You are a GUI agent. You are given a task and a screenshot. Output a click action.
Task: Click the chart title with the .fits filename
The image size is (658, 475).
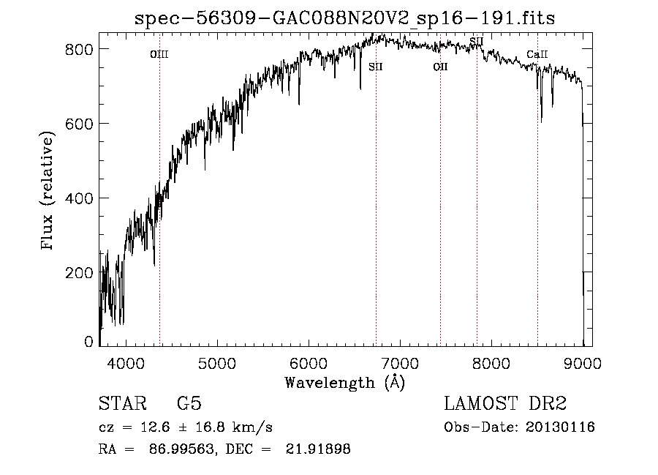(x=345, y=18)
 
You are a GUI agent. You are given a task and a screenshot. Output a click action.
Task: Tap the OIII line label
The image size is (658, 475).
(x=159, y=54)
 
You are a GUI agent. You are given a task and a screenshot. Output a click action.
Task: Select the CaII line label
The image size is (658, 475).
(x=537, y=54)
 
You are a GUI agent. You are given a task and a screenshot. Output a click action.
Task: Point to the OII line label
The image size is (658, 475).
(x=440, y=67)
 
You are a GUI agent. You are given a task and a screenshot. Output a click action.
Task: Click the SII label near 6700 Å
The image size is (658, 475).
(x=376, y=67)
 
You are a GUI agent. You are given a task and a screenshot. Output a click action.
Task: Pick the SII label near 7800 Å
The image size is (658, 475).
(x=476, y=41)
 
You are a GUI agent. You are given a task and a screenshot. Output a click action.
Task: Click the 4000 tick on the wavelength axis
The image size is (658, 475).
(x=125, y=362)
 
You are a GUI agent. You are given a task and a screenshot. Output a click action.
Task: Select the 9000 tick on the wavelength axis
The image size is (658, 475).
(x=583, y=362)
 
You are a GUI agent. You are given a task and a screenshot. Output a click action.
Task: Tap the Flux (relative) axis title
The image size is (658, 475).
(x=49, y=192)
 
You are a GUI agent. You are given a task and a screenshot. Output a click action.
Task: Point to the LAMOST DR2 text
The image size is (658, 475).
(x=505, y=404)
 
